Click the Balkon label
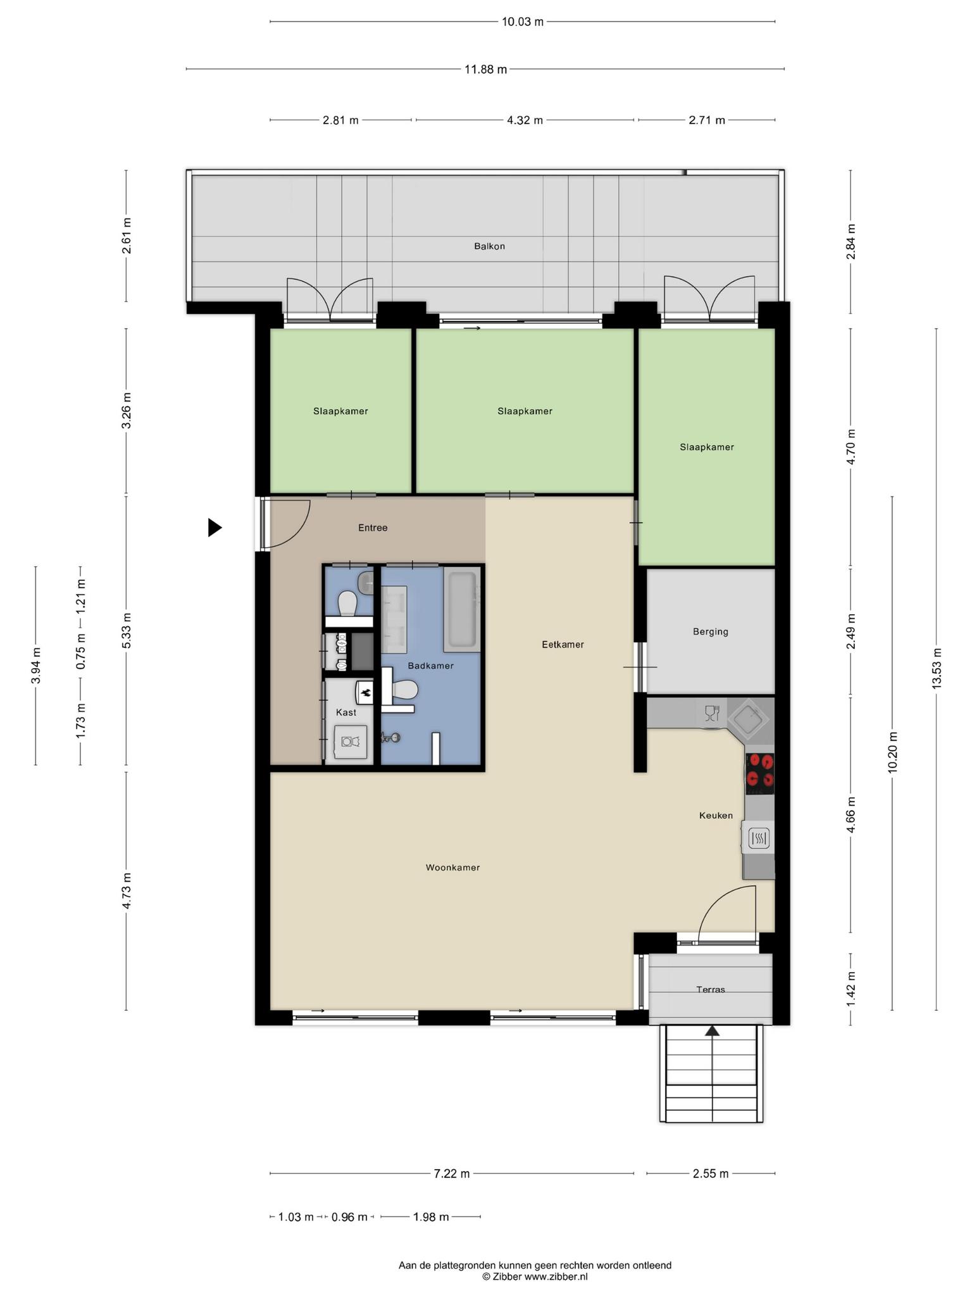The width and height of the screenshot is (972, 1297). pos(489,246)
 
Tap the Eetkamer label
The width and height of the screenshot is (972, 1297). pos(563,645)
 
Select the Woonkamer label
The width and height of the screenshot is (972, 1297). pos(452,868)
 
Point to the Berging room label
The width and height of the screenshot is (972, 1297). pos(711,631)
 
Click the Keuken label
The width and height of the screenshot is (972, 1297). pos(716,816)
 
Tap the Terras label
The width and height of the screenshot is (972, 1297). pos(711,989)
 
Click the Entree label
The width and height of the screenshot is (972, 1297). pos(373,528)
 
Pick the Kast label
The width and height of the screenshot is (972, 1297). pos(346,712)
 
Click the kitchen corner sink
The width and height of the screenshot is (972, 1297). pos(749,719)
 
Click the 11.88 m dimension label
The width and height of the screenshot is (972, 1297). pos(485,70)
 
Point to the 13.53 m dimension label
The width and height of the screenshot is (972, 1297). pos(937,669)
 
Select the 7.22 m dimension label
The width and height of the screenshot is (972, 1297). pos(451,1174)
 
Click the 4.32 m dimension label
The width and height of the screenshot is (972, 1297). pos(525,120)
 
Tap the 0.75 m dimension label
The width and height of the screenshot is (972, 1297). pos(81,652)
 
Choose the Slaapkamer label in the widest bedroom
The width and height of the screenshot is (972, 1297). pos(525,411)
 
